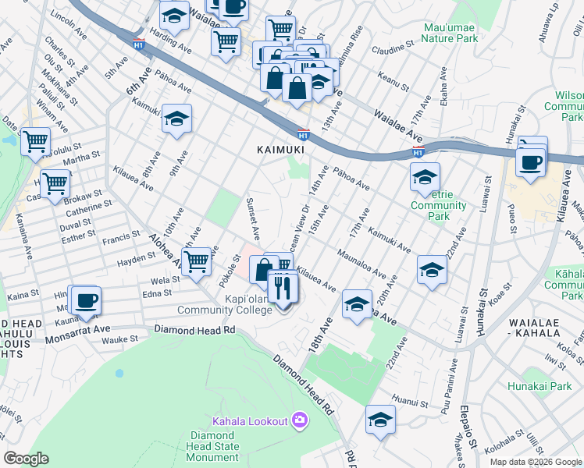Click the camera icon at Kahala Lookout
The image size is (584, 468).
(x=300, y=421)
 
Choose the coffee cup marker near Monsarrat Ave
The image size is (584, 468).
(x=86, y=300)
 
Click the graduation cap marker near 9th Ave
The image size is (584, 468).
(x=177, y=119)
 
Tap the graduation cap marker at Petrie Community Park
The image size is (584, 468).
(x=426, y=177)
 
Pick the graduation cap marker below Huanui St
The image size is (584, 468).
(x=380, y=420)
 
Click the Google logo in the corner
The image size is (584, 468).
(x=26, y=459)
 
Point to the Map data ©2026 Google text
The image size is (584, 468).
(x=536, y=462)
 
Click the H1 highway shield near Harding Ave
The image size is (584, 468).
(x=139, y=44)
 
